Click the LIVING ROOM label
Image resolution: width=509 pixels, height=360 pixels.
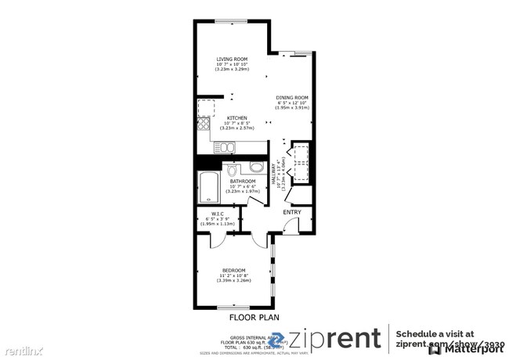(x=232, y=59)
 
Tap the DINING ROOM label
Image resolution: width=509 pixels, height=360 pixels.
(x=292, y=97)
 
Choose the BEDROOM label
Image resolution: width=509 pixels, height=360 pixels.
(x=233, y=270)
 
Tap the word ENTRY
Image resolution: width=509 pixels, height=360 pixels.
(x=292, y=211)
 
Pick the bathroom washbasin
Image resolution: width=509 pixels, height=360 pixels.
(x=257, y=167)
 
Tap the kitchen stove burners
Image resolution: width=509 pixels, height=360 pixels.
(x=204, y=124)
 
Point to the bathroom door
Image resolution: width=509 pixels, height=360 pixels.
(x=254, y=199)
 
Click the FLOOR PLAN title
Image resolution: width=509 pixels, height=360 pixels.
(x=254, y=317)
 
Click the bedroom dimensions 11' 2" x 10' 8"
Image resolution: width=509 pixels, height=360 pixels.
(x=233, y=276)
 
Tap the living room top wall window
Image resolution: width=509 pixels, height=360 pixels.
(x=232, y=20)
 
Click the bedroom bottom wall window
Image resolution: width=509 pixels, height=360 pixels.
(x=232, y=307)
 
